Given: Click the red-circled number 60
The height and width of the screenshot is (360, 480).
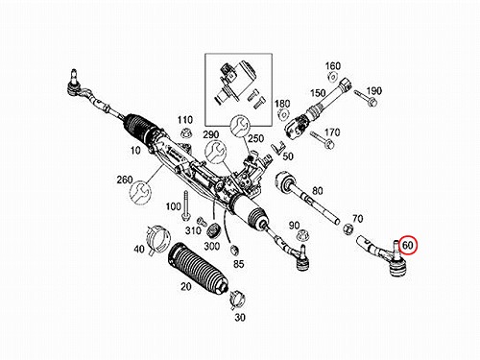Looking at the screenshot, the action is [407, 246].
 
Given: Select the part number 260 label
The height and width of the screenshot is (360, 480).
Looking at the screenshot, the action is [125, 180].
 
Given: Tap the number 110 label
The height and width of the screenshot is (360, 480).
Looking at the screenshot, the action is [185, 120].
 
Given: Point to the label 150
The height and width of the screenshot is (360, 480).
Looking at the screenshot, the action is [318, 93].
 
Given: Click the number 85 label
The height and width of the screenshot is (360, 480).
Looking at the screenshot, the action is [239, 264].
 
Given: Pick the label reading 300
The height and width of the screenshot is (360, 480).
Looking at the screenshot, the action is [212, 246].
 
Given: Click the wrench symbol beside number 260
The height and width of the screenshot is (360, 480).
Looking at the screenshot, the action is [140, 193].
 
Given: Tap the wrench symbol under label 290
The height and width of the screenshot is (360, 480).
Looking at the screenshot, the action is [215, 152].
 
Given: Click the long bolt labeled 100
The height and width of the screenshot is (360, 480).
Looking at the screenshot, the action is [185, 205].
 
